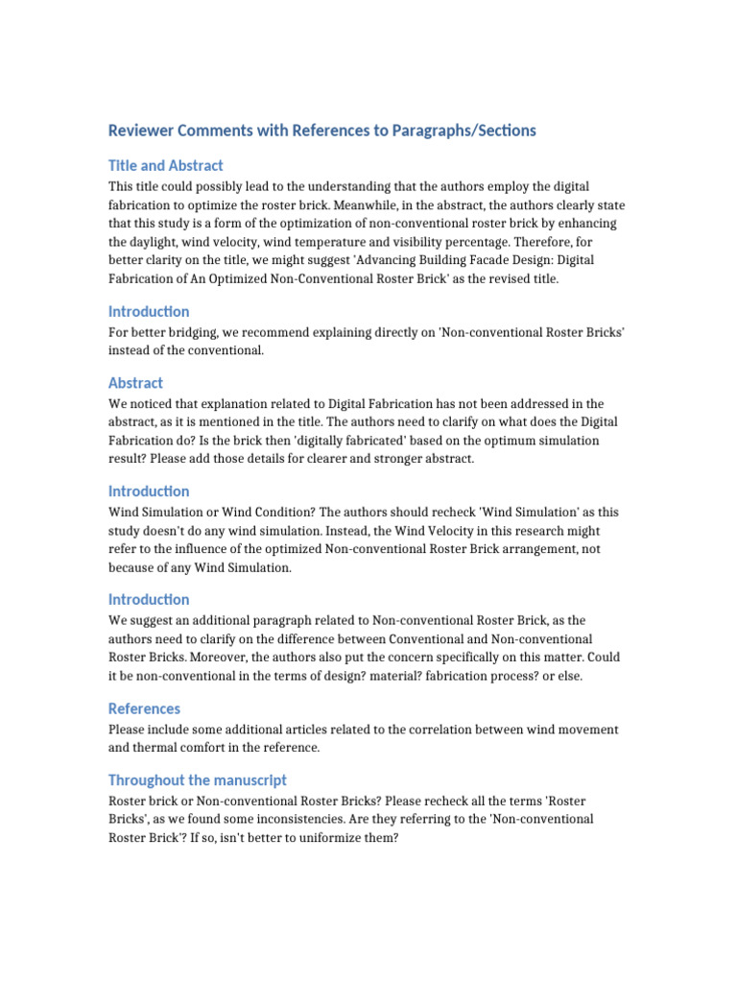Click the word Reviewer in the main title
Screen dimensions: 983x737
click(140, 131)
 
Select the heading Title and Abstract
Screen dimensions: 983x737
click(166, 165)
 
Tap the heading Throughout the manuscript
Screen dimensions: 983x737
click(198, 779)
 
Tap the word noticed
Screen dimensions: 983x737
click(155, 404)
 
